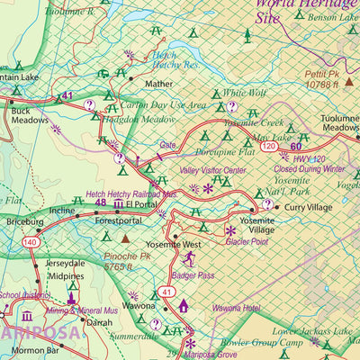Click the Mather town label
(158, 85)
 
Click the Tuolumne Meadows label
(338, 123)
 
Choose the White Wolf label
(245, 93)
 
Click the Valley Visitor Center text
(212, 170)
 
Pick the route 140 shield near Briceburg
(31, 242)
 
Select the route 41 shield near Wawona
(166, 292)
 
